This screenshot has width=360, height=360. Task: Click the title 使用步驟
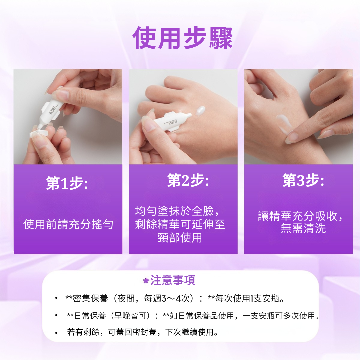click(x=183, y=38)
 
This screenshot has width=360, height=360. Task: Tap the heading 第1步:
click(x=67, y=183)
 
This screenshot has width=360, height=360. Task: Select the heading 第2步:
click(x=188, y=180)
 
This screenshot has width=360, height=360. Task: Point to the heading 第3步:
click(x=303, y=180)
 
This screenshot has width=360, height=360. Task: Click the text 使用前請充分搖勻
click(x=68, y=224)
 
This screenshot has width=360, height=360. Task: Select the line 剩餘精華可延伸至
click(x=180, y=224)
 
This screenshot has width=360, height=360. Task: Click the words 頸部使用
click(x=180, y=238)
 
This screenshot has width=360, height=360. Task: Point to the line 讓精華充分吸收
click(x=300, y=216)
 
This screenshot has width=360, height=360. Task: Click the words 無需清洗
click(x=303, y=228)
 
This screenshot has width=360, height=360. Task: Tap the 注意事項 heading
click(x=173, y=280)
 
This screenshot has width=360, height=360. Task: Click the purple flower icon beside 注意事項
click(x=146, y=281)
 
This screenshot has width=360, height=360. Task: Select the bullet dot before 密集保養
click(x=56, y=298)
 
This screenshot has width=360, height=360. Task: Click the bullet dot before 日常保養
click(x=56, y=315)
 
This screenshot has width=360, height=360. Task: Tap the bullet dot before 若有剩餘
click(x=56, y=333)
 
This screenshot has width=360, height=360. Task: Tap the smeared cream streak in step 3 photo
click(x=285, y=124)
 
